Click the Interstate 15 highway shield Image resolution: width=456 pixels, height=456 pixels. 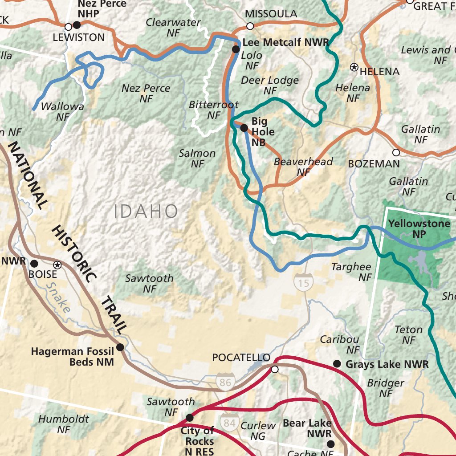click(303, 282)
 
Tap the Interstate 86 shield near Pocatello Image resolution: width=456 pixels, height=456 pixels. click(225, 382)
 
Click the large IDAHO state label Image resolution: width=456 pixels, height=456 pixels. click(146, 212)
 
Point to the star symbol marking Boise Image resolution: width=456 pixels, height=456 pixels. click(57, 265)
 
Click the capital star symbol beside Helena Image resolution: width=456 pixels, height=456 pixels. click(354, 67)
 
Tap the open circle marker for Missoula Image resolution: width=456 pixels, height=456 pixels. click(250, 26)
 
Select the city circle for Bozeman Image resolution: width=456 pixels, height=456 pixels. click(396, 152)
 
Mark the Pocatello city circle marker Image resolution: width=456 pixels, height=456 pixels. click(275, 369)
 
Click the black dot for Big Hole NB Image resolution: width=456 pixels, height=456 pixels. click(244, 128)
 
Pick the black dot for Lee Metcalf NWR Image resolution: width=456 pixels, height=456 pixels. click(236, 49)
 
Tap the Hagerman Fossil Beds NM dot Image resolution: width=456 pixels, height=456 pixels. click(120, 347)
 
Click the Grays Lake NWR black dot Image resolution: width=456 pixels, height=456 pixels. click(337, 364)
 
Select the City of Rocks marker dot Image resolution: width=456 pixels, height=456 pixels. click(190, 418)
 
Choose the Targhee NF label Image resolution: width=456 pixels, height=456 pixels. click(351, 272)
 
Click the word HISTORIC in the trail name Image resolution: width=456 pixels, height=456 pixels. click(73, 254)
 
